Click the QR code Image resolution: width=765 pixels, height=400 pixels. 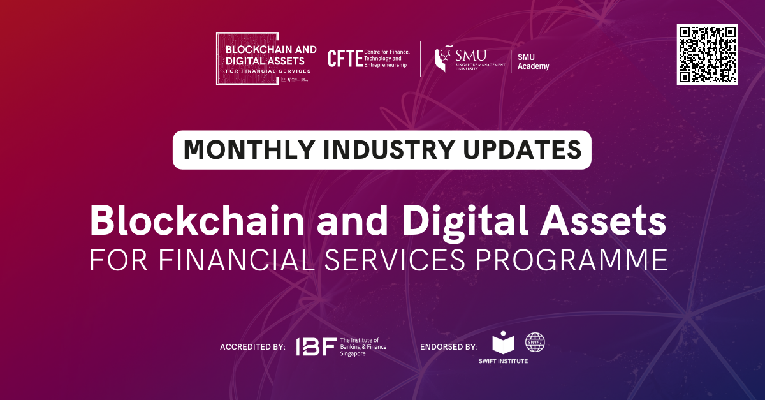pyautogui.click(x=707, y=54)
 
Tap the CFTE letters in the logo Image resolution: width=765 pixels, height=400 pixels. pyautogui.click(x=345, y=59)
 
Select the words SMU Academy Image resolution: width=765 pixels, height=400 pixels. pyautogui.click(x=533, y=62)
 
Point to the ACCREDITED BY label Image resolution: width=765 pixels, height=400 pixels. pyautogui.click(x=252, y=348)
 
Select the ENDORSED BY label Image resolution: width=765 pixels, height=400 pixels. pyautogui.click(x=449, y=348)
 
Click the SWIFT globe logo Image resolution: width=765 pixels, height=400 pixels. pyautogui.click(x=535, y=343)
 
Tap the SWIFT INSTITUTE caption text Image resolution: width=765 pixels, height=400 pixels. pyautogui.click(x=503, y=362)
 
